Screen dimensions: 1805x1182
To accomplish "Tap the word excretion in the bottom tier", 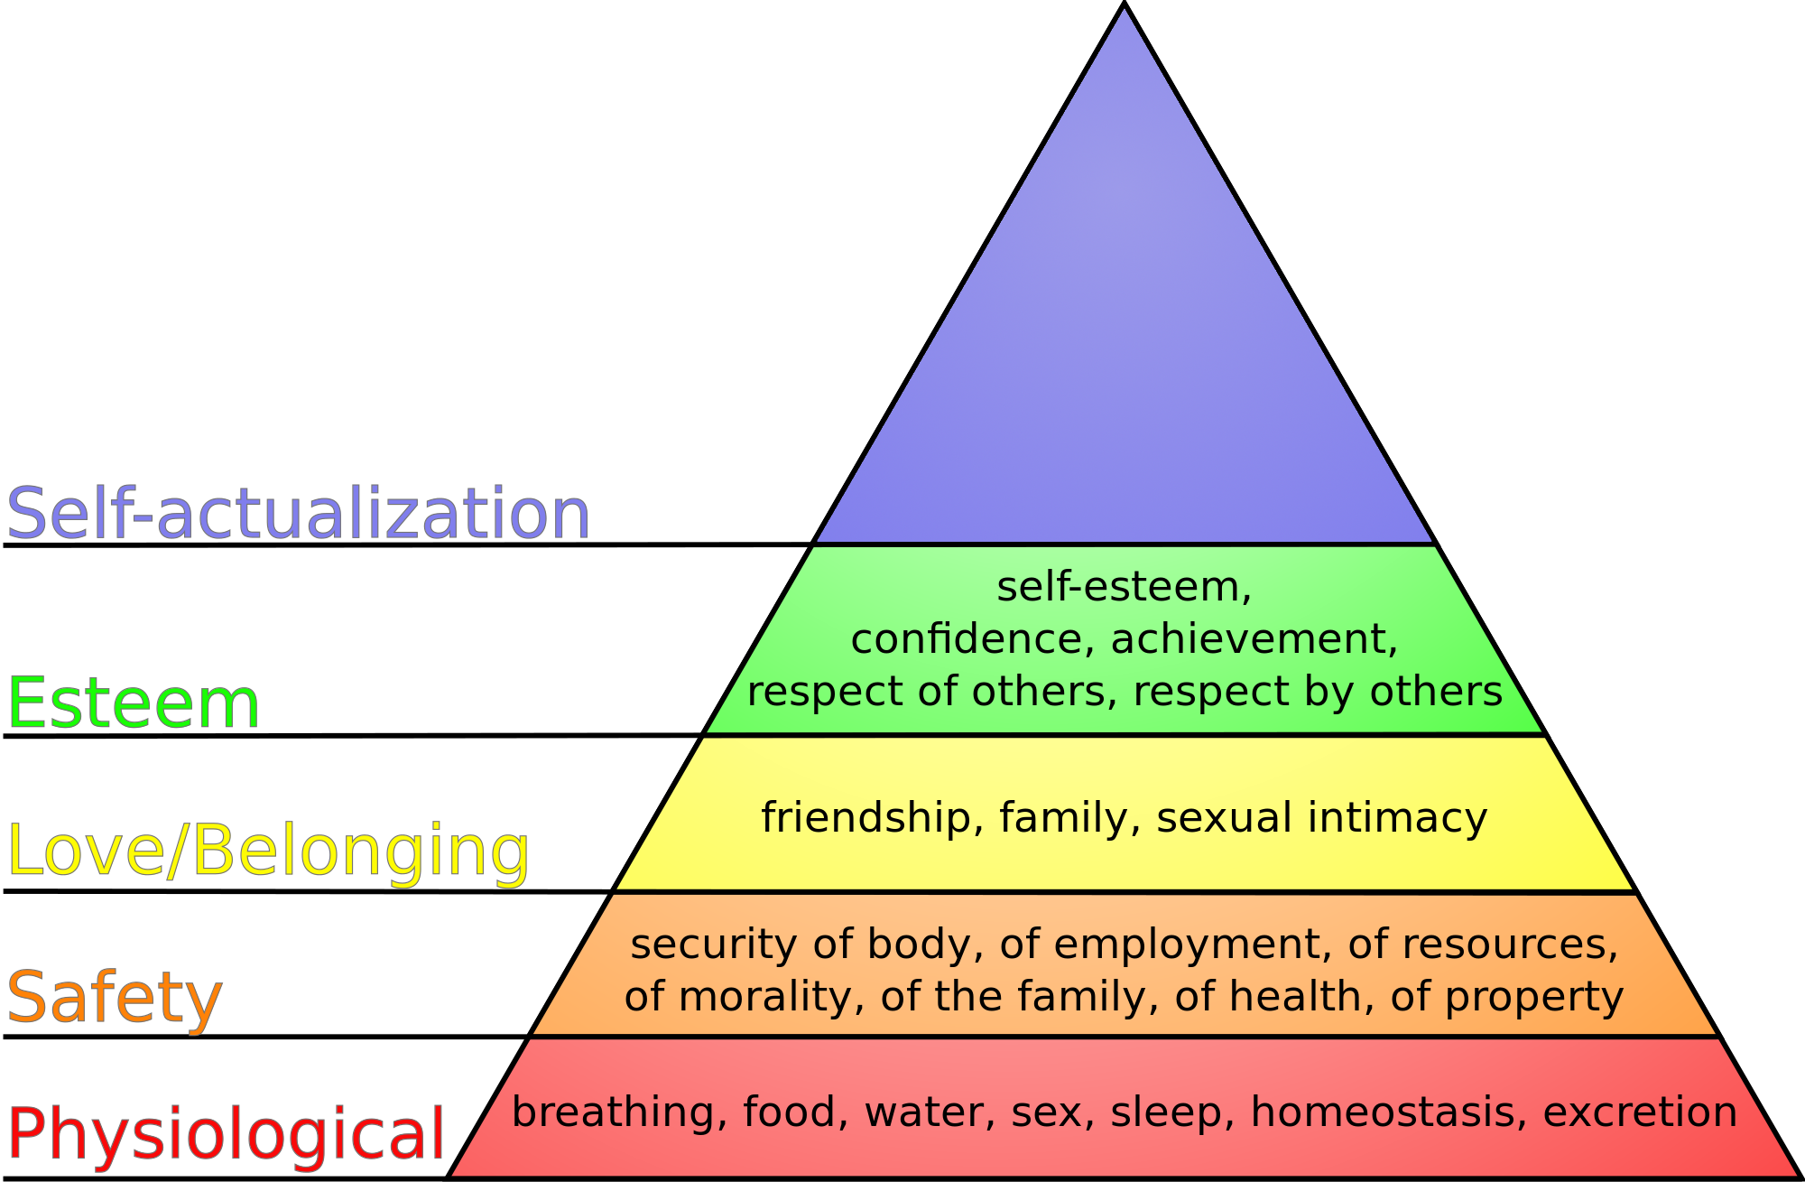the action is [1641, 1112].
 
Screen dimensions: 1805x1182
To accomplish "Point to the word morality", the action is [764, 998].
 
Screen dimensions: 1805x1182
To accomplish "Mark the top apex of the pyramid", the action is [1125, 3].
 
